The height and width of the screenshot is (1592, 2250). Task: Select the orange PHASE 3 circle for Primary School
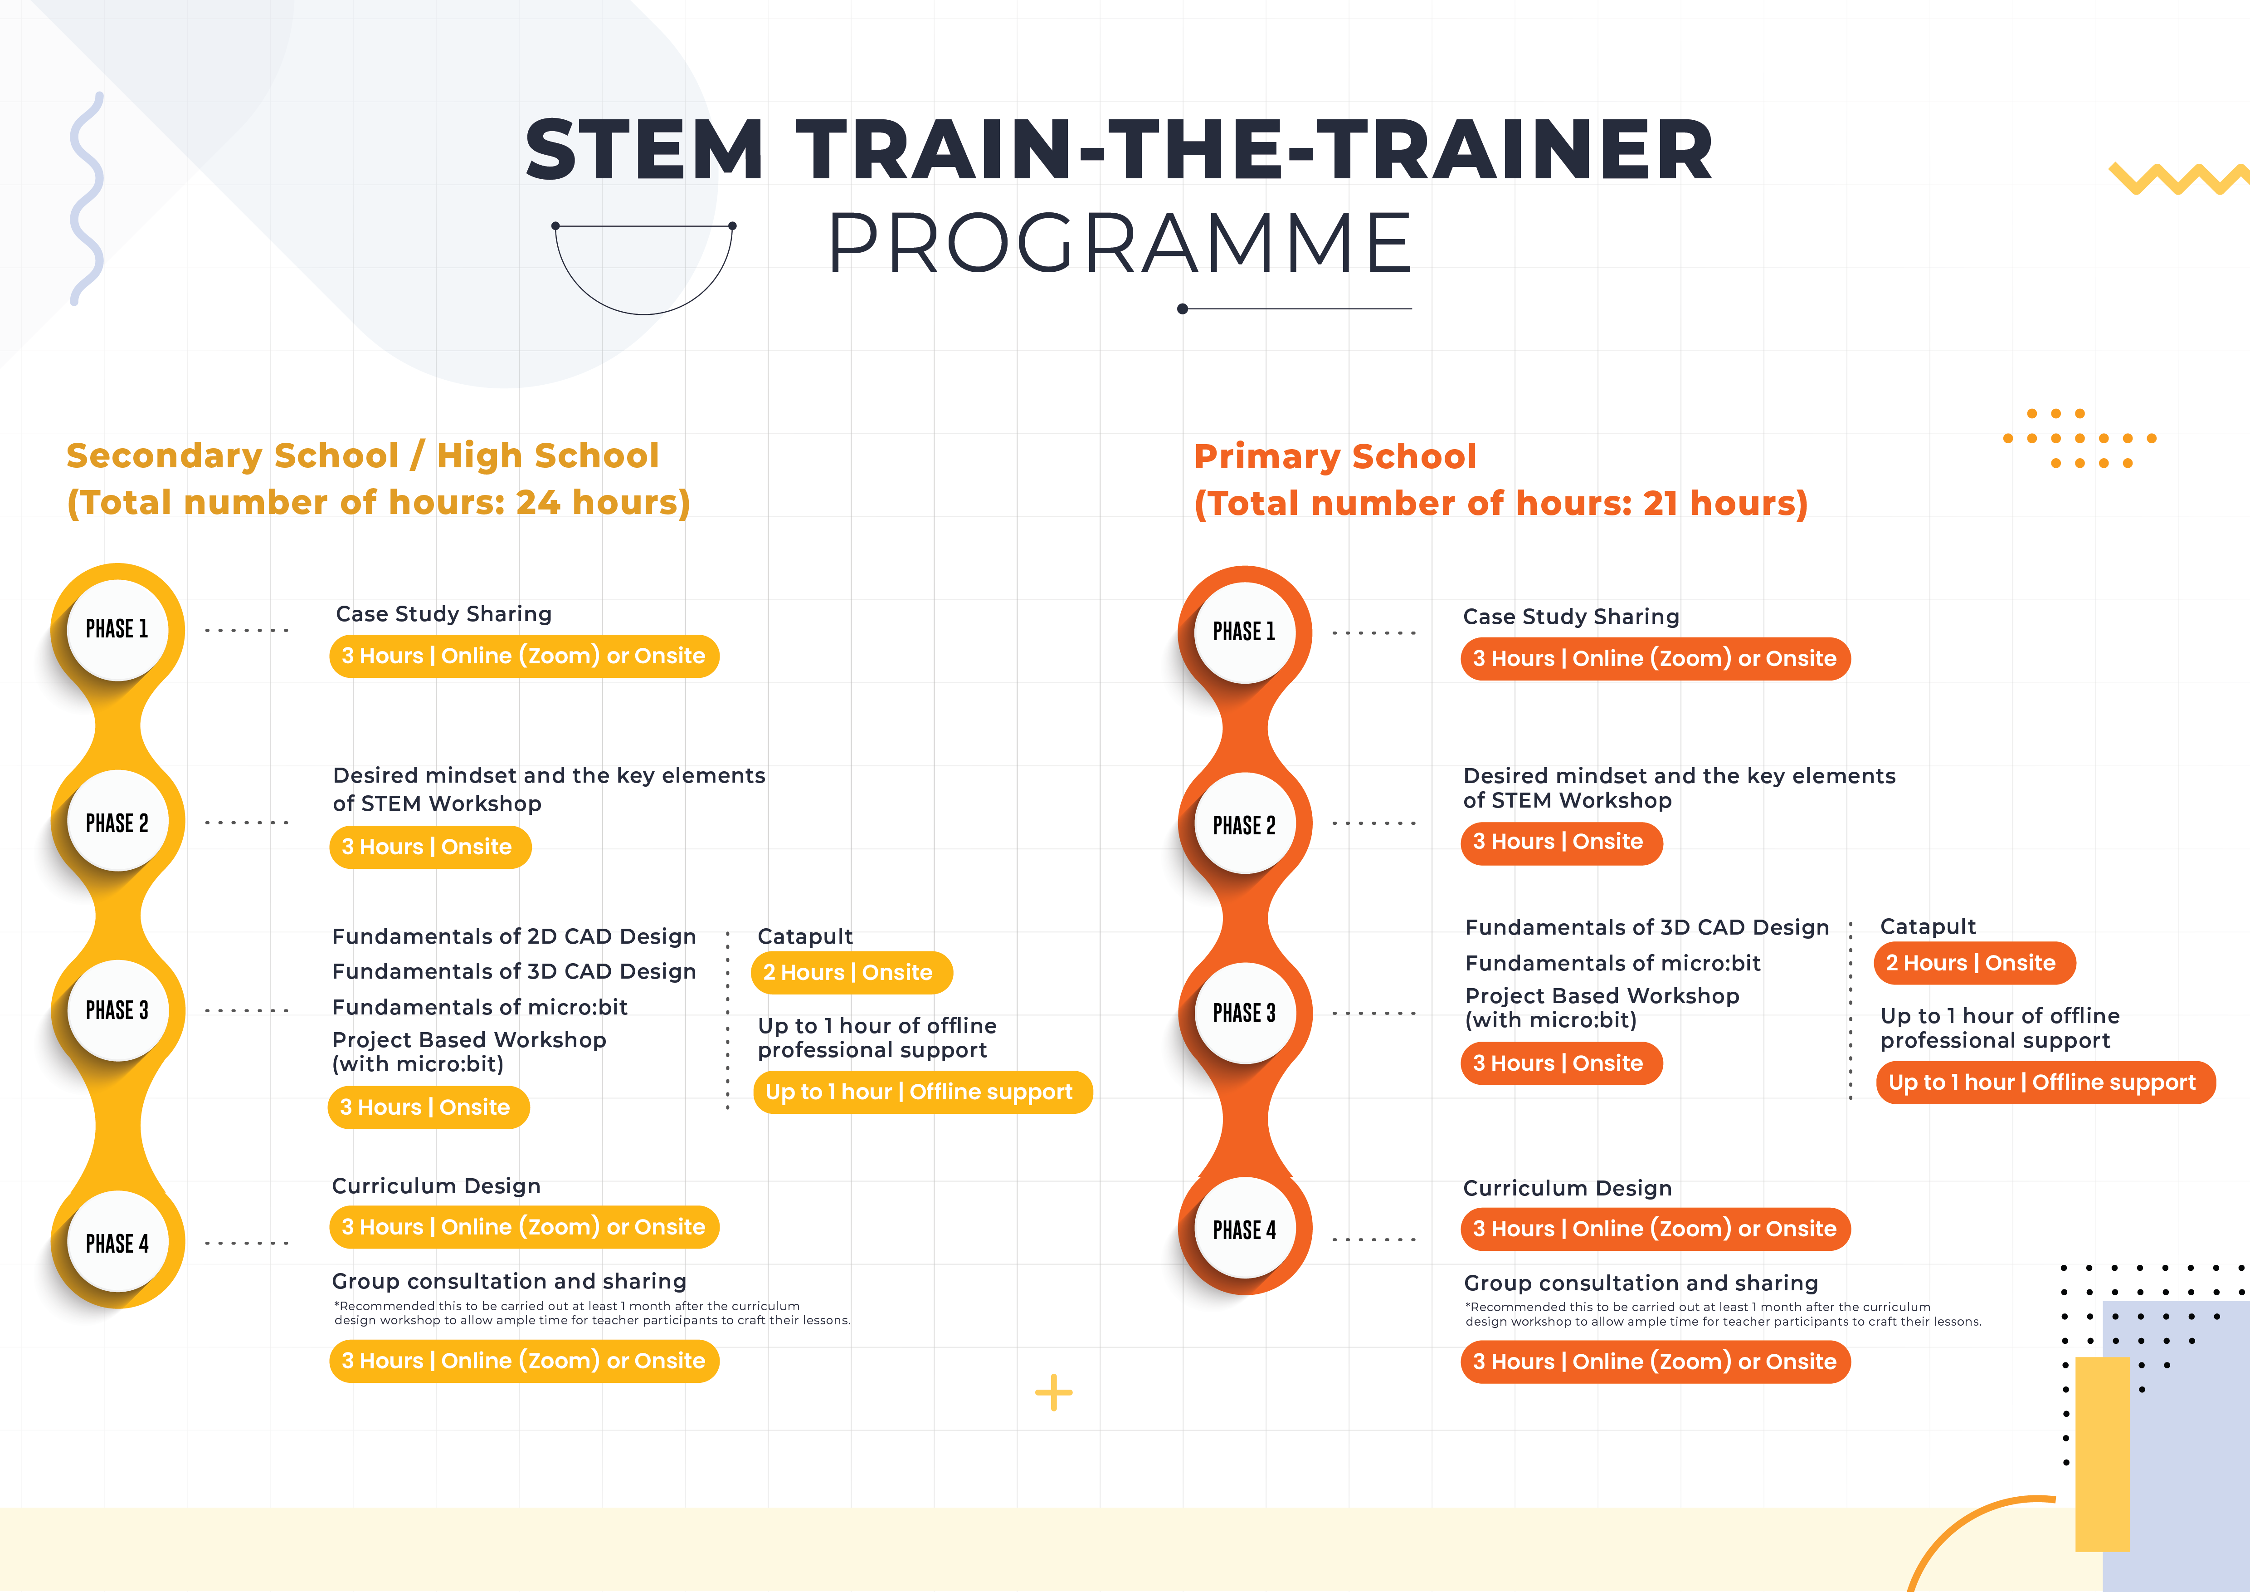(1245, 1013)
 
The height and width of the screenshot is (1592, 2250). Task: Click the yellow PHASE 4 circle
(117, 1243)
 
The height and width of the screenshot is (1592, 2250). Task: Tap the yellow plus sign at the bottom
(1053, 1392)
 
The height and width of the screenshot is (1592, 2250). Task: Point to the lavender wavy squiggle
(87, 199)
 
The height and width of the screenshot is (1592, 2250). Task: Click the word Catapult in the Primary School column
(1928, 926)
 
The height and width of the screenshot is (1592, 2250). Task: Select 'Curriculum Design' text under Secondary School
(436, 1186)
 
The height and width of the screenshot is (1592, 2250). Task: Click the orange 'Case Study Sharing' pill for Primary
(1655, 659)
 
